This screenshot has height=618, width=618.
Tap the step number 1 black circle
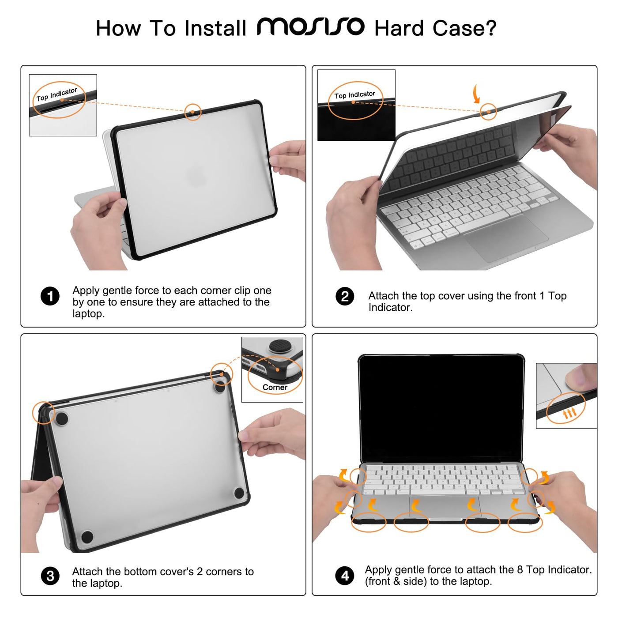click(50, 296)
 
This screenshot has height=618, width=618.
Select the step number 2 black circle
click(345, 296)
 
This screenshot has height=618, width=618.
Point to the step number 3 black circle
click(50, 577)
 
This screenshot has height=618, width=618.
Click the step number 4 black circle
click(345, 576)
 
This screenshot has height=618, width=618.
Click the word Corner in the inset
click(275, 388)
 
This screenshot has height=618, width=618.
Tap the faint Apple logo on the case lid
click(196, 174)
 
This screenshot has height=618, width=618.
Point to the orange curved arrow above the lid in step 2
click(476, 94)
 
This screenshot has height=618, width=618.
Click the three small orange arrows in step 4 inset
click(570, 413)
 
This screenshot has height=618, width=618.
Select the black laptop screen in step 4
click(441, 408)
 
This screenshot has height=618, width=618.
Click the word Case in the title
click(464, 28)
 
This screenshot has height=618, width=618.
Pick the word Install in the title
click(215, 28)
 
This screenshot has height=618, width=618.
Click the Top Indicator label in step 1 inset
click(57, 94)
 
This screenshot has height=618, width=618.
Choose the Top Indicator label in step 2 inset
click(355, 95)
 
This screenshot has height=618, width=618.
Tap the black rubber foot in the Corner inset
click(277, 347)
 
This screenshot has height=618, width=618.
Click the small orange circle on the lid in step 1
click(193, 112)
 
